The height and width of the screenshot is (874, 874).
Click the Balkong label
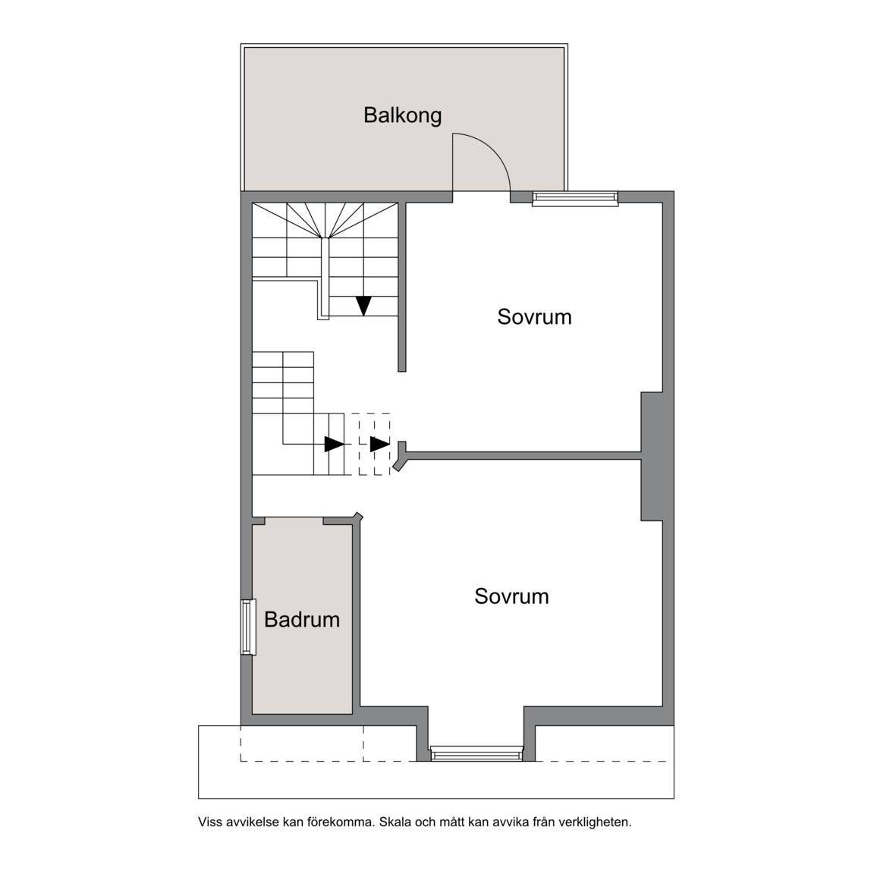(x=402, y=115)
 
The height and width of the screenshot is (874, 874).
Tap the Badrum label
(x=301, y=619)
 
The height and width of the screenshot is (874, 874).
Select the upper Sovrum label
(x=535, y=316)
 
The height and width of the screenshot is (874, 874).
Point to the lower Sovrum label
(x=511, y=596)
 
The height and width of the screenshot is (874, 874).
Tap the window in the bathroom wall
(x=248, y=627)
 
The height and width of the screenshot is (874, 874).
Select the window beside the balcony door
(x=575, y=198)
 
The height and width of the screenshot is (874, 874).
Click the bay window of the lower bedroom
(x=476, y=754)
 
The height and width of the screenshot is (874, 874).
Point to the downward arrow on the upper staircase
(x=363, y=306)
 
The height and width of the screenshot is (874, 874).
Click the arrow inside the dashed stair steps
(x=379, y=444)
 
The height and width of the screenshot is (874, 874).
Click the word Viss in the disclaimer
(x=209, y=822)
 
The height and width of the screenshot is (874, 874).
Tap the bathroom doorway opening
(x=294, y=520)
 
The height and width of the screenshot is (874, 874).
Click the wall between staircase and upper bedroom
(x=401, y=287)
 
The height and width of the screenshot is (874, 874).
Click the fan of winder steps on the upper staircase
(x=325, y=221)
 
